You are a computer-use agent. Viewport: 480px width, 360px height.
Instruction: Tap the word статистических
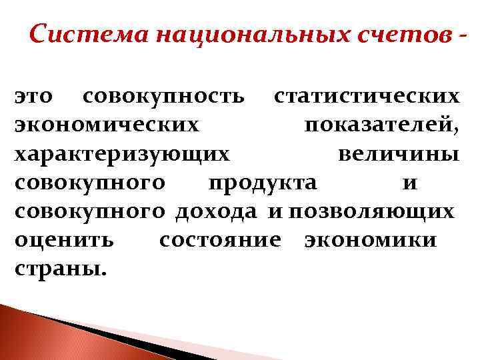367,97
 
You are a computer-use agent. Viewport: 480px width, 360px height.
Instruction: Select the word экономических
106,126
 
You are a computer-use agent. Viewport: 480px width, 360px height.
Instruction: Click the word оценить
64,241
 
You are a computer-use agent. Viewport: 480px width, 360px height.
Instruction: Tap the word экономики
370,241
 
